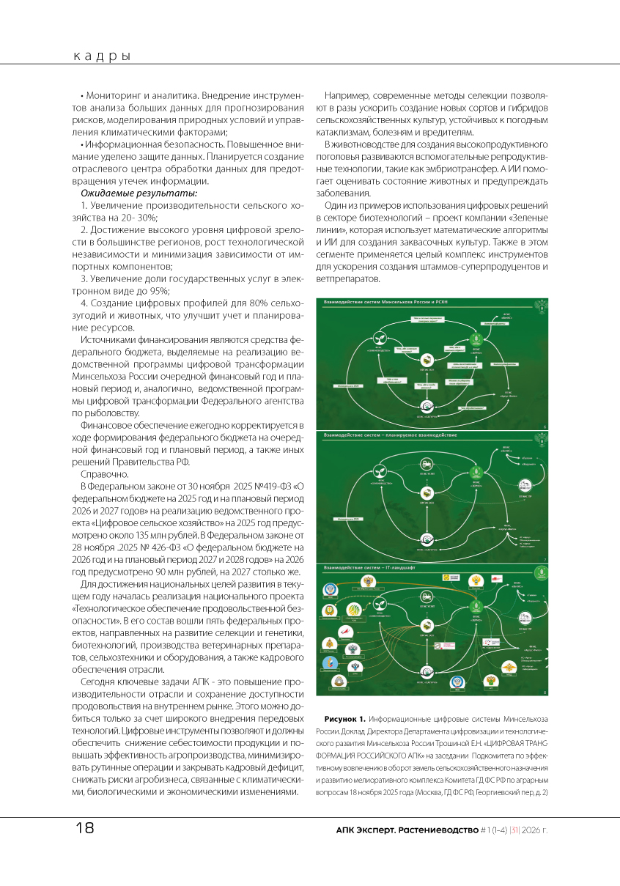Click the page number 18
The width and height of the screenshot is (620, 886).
(x=84, y=828)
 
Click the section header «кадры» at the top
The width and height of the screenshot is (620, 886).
(x=102, y=56)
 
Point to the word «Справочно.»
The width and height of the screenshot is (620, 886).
(x=104, y=473)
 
